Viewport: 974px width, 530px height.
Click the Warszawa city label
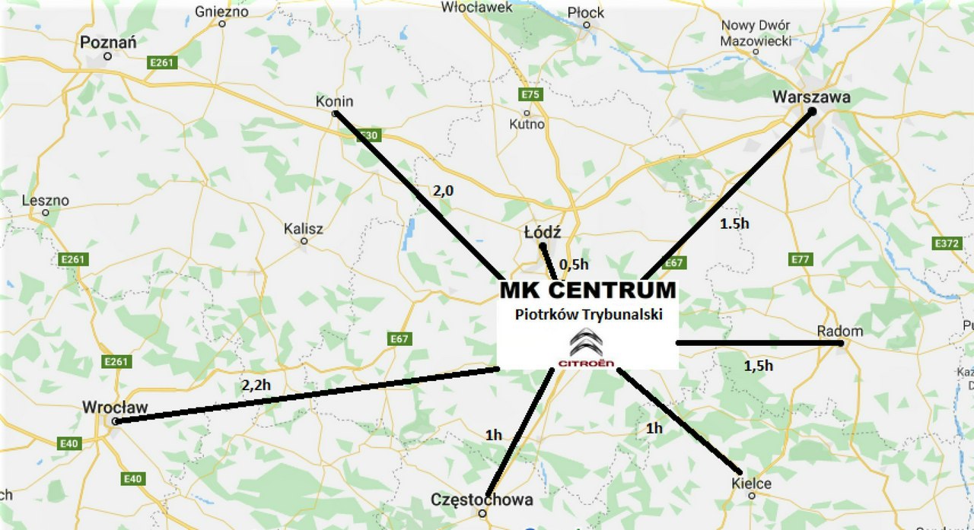pyautogui.click(x=811, y=97)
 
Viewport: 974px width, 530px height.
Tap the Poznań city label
pyautogui.click(x=108, y=43)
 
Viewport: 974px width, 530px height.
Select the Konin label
pyautogui.click(x=334, y=101)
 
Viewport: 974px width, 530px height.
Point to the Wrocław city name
pyautogui.click(x=115, y=407)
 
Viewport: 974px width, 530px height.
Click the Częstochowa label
pyautogui.click(x=482, y=500)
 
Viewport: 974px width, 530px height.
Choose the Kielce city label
pyautogui.click(x=751, y=484)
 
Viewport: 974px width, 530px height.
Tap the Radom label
pyautogui.click(x=840, y=331)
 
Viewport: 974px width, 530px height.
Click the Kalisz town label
pyautogui.click(x=304, y=228)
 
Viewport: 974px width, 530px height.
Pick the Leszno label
pyautogui.click(x=46, y=201)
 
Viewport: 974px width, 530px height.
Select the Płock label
pyautogui.click(x=586, y=12)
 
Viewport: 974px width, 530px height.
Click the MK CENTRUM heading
pyautogui.click(x=587, y=290)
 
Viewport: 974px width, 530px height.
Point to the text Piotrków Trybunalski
pyautogui.click(x=587, y=314)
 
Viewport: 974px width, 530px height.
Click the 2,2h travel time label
pyautogui.click(x=256, y=386)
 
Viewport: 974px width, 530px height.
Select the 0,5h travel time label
pyautogui.click(x=574, y=264)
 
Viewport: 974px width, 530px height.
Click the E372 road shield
pyautogui.click(x=947, y=243)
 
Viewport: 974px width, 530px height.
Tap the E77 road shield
pyautogui.click(x=801, y=259)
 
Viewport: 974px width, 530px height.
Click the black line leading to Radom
pyautogui.click(x=758, y=343)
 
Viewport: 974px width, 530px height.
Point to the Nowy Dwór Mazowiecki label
pyautogui.click(x=756, y=33)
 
